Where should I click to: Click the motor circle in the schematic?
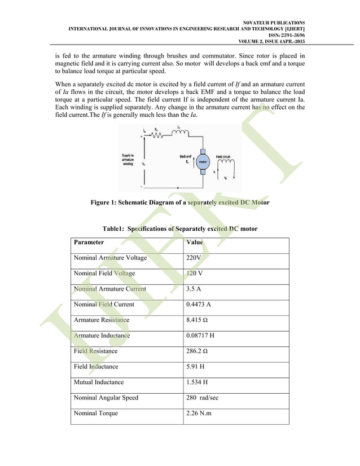coord(204,161)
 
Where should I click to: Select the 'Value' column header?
coord(195,242)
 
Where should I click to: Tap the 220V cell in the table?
coord(194,258)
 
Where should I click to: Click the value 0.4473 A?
coord(199,304)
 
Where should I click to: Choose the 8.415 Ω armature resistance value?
coord(199,320)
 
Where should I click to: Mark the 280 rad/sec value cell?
coord(202,398)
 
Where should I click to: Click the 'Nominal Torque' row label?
coord(96,413)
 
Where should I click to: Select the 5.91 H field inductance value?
coord(195,366)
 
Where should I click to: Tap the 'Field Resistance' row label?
coord(96,351)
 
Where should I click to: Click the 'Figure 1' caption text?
coord(179,203)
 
